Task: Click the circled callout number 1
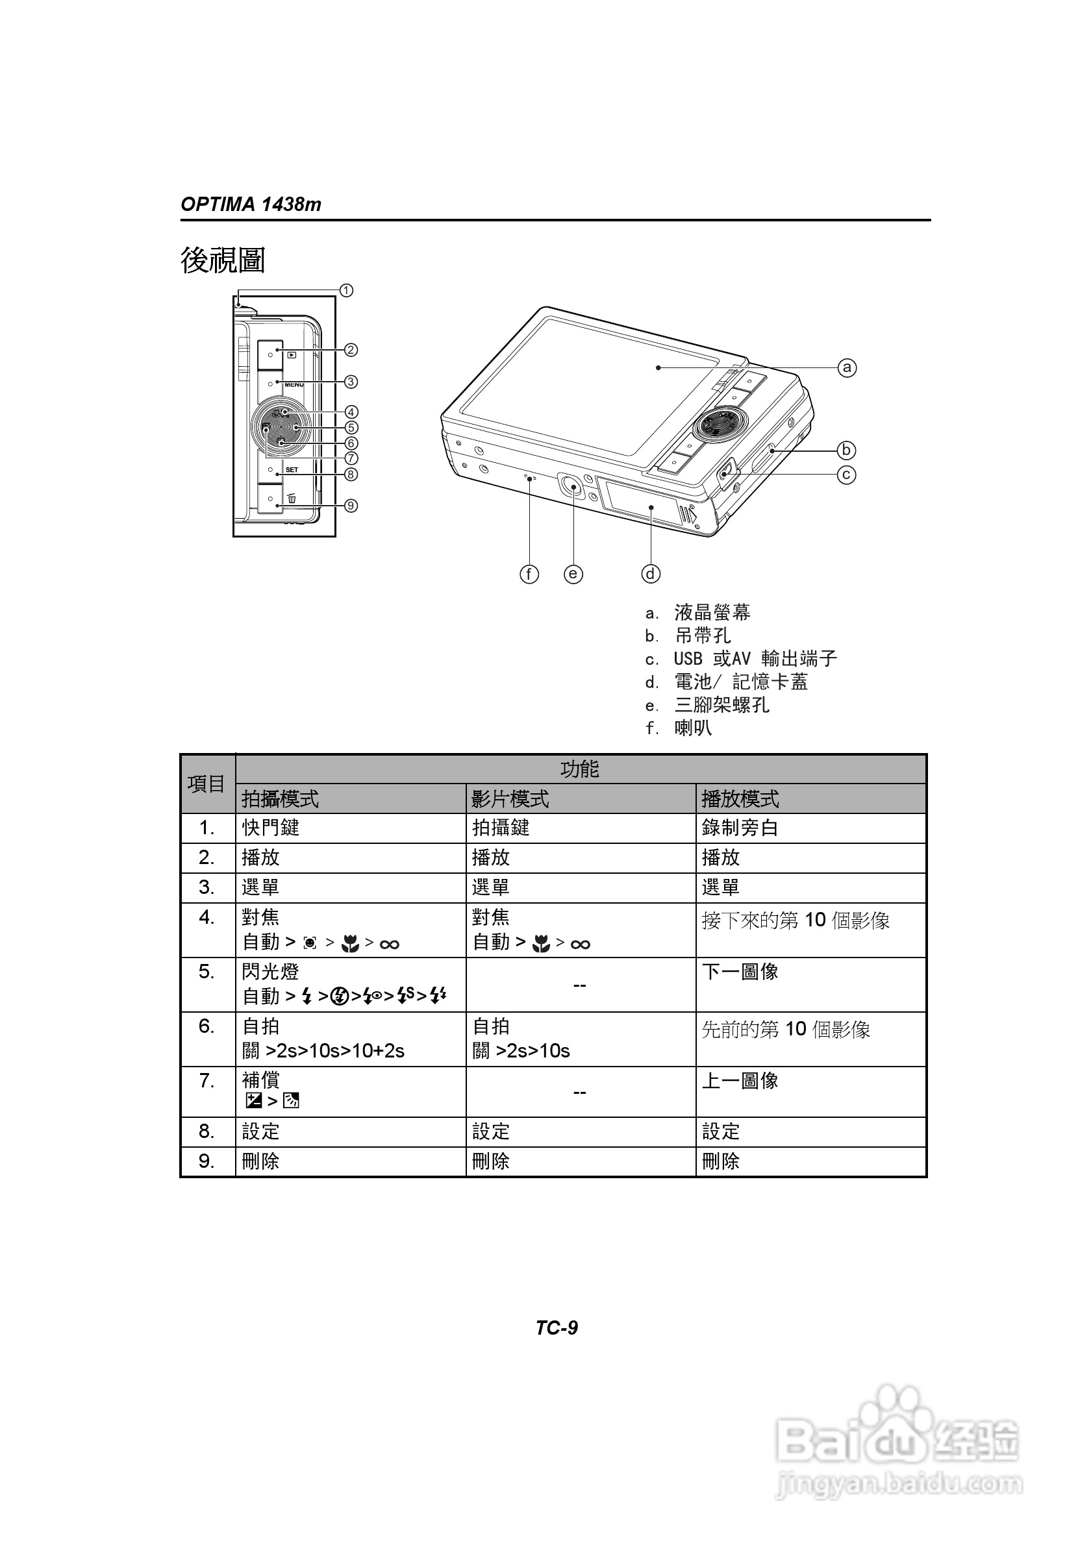click(x=346, y=291)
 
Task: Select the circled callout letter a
click(x=847, y=367)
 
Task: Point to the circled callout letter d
click(x=650, y=574)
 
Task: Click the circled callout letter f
click(x=529, y=574)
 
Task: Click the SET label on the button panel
click(x=292, y=470)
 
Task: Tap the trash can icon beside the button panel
click(x=292, y=499)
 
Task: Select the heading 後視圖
click(x=223, y=260)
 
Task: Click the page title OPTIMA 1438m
click(x=251, y=204)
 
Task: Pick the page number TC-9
click(x=557, y=1328)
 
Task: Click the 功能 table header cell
click(x=580, y=769)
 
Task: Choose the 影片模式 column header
click(x=510, y=798)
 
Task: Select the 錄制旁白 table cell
click(x=740, y=828)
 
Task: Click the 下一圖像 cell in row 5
click(x=740, y=972)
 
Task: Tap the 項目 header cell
click(x=207, y=784)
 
